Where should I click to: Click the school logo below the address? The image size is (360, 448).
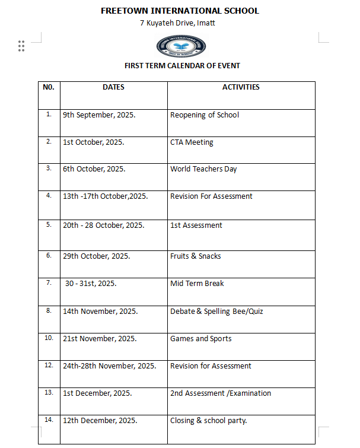[181, 46]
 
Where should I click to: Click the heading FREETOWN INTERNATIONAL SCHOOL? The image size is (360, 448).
[180, 11]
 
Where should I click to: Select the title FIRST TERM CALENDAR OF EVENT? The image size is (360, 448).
[182, 66]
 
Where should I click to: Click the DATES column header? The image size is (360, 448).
[113, 87]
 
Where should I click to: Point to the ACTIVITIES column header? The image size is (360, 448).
[241, 87]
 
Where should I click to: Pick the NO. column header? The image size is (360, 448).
[49, 87]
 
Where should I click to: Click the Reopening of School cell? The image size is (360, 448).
[205, 115]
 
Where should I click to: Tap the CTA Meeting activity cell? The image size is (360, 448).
[192, 142]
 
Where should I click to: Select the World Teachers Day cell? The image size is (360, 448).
[203, 169]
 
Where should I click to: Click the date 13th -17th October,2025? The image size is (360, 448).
[105, 196]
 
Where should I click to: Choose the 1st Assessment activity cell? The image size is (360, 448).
[196, 225]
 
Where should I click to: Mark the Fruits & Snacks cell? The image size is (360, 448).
[195, 256]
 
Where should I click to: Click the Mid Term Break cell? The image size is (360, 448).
[197, 284]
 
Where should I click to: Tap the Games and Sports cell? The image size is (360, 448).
[200, 339]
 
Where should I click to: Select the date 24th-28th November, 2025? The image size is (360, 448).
[110, 366]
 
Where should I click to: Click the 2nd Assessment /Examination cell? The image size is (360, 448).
[221, 393]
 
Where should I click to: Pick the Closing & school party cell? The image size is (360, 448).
[208, 421]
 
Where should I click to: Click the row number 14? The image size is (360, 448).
[49, 420]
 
